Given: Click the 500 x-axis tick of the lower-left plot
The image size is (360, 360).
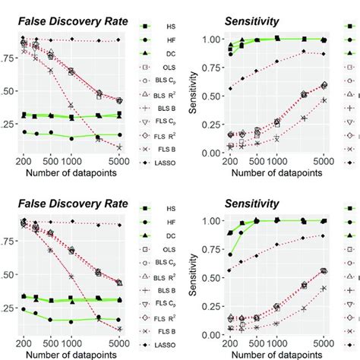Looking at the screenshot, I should pyautogui.click(x=52, y=341).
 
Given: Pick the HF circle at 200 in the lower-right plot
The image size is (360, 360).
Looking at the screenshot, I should pyautogui.click(x=231, y=255).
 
